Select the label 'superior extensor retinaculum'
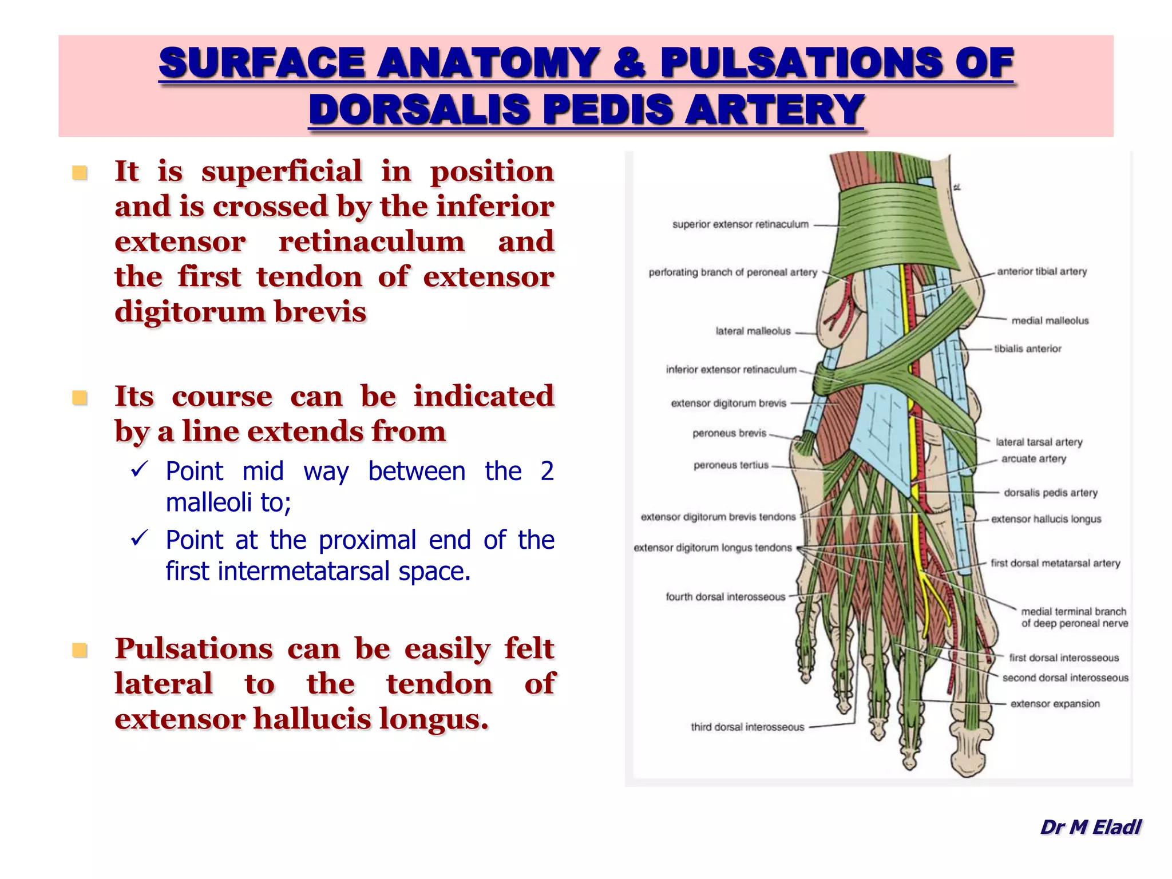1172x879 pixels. (x=740, y=224)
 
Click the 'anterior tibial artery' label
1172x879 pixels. (x=1042, y=271)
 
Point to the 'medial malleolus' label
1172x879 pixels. (x=1050, y=320)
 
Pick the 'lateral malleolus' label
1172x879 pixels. (x=753, y=331)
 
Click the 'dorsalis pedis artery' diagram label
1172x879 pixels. (x=1050, y=493)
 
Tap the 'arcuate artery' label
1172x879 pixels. (x=1034, y=459)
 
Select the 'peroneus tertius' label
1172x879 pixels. (x=731, y=465)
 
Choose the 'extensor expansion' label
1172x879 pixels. (x=1055, y=704)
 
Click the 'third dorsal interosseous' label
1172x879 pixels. (x=747, y=727)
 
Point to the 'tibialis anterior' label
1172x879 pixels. (x=1028, y=349)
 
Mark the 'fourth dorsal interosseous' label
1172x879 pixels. (x=725, y=597)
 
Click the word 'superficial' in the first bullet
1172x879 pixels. (x=282, y=172)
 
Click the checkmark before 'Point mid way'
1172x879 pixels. (x=140, y=470)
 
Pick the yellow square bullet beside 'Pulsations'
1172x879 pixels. (x=80, y=650)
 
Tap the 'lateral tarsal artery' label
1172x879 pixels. (x=1039, y=442)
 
